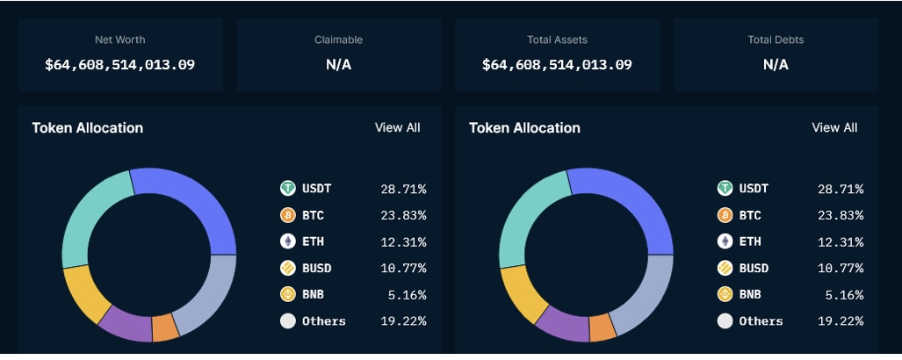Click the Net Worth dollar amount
tap(120, 64)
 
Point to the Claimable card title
tap(338, 40)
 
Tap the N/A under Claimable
tap(338, 64)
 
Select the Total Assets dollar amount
tap(557, 64)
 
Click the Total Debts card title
tap(776, 40)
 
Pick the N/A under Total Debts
tap(776, 64)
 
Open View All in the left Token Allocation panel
tap(397, 127)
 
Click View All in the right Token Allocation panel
tap(834, 127)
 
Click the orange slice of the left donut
tap(165, 328)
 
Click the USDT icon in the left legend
tap(287, 188)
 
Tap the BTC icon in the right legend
tap(725, 215)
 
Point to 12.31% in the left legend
tap(403, 241)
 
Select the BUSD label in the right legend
tap(754, 268)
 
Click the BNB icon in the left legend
tap(287, 294)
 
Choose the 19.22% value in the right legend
tap(841, 321)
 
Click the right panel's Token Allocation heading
tap(524, 127)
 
